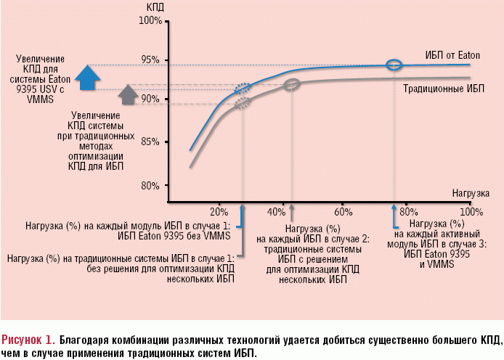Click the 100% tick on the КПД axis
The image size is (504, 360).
click(150, 20)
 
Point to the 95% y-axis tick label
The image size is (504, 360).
click(151, 60)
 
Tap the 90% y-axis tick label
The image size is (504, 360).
click(151, 99)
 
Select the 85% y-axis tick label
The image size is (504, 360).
click(151, 142)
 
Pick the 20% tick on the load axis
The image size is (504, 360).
click(219, 212)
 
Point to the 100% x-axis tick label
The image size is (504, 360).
click(471, 212)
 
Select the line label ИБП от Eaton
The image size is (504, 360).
click(453, 55)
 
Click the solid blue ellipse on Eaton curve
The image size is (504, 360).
click(394, 65)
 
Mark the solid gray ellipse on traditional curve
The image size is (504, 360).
click(292, 85)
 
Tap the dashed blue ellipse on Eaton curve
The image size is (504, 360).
click(243, 89)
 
